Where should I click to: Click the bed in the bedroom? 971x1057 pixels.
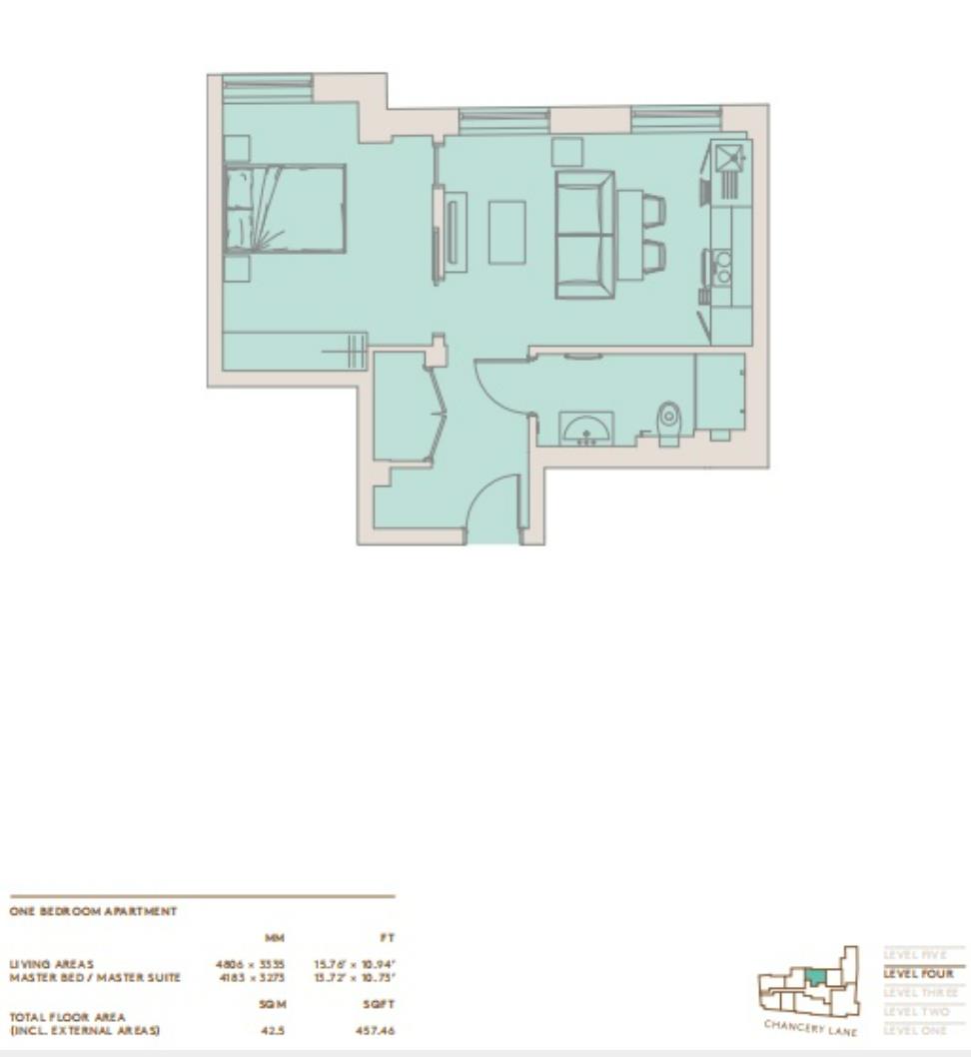(x=286, y=209)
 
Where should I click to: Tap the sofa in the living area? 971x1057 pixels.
(x=584, y=234)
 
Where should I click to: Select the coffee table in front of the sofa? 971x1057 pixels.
(x=506, y=233)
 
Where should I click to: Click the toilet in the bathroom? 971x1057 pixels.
(x=668, y=422)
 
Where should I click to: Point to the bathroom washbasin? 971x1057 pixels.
(x=586, y=430)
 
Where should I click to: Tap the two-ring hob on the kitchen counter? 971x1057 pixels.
(x=721, y=268)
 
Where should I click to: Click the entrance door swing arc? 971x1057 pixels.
(x=491, y=510)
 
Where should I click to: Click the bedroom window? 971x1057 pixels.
(x=267, y=88)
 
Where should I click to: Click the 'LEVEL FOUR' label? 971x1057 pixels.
(x=918, y=973)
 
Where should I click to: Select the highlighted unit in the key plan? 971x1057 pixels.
(x=816, y=977)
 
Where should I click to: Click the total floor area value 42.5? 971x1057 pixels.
(x=273, y=1030)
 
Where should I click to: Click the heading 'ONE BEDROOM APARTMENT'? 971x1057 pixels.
(x=93, y=911)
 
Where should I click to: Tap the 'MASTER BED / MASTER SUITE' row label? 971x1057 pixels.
(x=95, y=977)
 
